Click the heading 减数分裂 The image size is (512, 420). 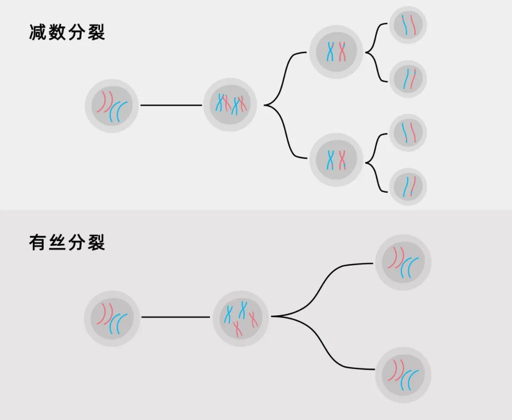(67, 33)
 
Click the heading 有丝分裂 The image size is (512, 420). (67, 243)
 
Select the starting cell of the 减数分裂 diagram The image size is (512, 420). (112, 105)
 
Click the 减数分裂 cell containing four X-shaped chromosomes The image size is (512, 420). (230, 105)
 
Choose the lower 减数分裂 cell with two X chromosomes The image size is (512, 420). (336, 160)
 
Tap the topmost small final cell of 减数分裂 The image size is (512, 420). (408, 25)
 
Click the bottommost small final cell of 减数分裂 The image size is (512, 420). (408, 187)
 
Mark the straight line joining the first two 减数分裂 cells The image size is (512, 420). (171, 105)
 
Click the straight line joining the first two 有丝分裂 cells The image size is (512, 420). (175, 317)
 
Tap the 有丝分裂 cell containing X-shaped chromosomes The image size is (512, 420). (241, 317)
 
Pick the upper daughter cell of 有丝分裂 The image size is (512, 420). (403, 262)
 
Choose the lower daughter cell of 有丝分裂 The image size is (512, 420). (403, 375)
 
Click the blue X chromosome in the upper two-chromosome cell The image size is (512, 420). (330, 52)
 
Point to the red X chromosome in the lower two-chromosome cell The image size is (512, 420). (342, 160)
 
